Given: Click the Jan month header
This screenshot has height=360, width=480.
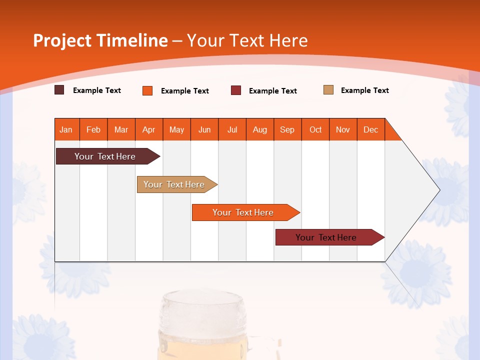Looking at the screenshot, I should pyautogui.click(x=66, y=129).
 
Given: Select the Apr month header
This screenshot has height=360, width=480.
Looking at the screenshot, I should pyautogui.click(x=149, y=129).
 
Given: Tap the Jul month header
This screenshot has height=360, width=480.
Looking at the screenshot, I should pyautogui.click(x=232, y=129).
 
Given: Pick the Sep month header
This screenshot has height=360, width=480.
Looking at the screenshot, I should pyautogui.click(x=287, y=129).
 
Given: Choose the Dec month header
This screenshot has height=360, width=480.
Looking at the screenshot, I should pyautogui.click(x=370, y=129).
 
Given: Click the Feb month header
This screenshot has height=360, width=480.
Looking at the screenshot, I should pyautogui.click(x=93, y=129).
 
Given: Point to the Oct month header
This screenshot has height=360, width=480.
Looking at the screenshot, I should pyautogui.click(x=315, y=129).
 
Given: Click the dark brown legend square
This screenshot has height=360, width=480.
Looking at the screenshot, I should pyautogui.click(x=59, y=90).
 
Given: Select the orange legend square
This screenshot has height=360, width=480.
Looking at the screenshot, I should pyautogui.click(x=147, y=90).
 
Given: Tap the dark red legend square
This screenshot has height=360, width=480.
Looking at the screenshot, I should pyautogui.click(x=236, y=90).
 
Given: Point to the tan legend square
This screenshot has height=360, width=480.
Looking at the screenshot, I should pyautogui.click(x=328, y=90).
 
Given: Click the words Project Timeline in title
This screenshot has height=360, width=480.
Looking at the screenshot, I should pyautogui.click(x=100, y=40).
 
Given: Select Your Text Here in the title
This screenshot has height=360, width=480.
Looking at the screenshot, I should pyautogui.click(x=247, y=40).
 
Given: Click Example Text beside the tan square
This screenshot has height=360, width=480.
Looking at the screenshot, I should pyautogui.click(x=364, y=90).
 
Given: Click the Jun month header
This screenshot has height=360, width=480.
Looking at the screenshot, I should pyautogui.click(x=204, y=129).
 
